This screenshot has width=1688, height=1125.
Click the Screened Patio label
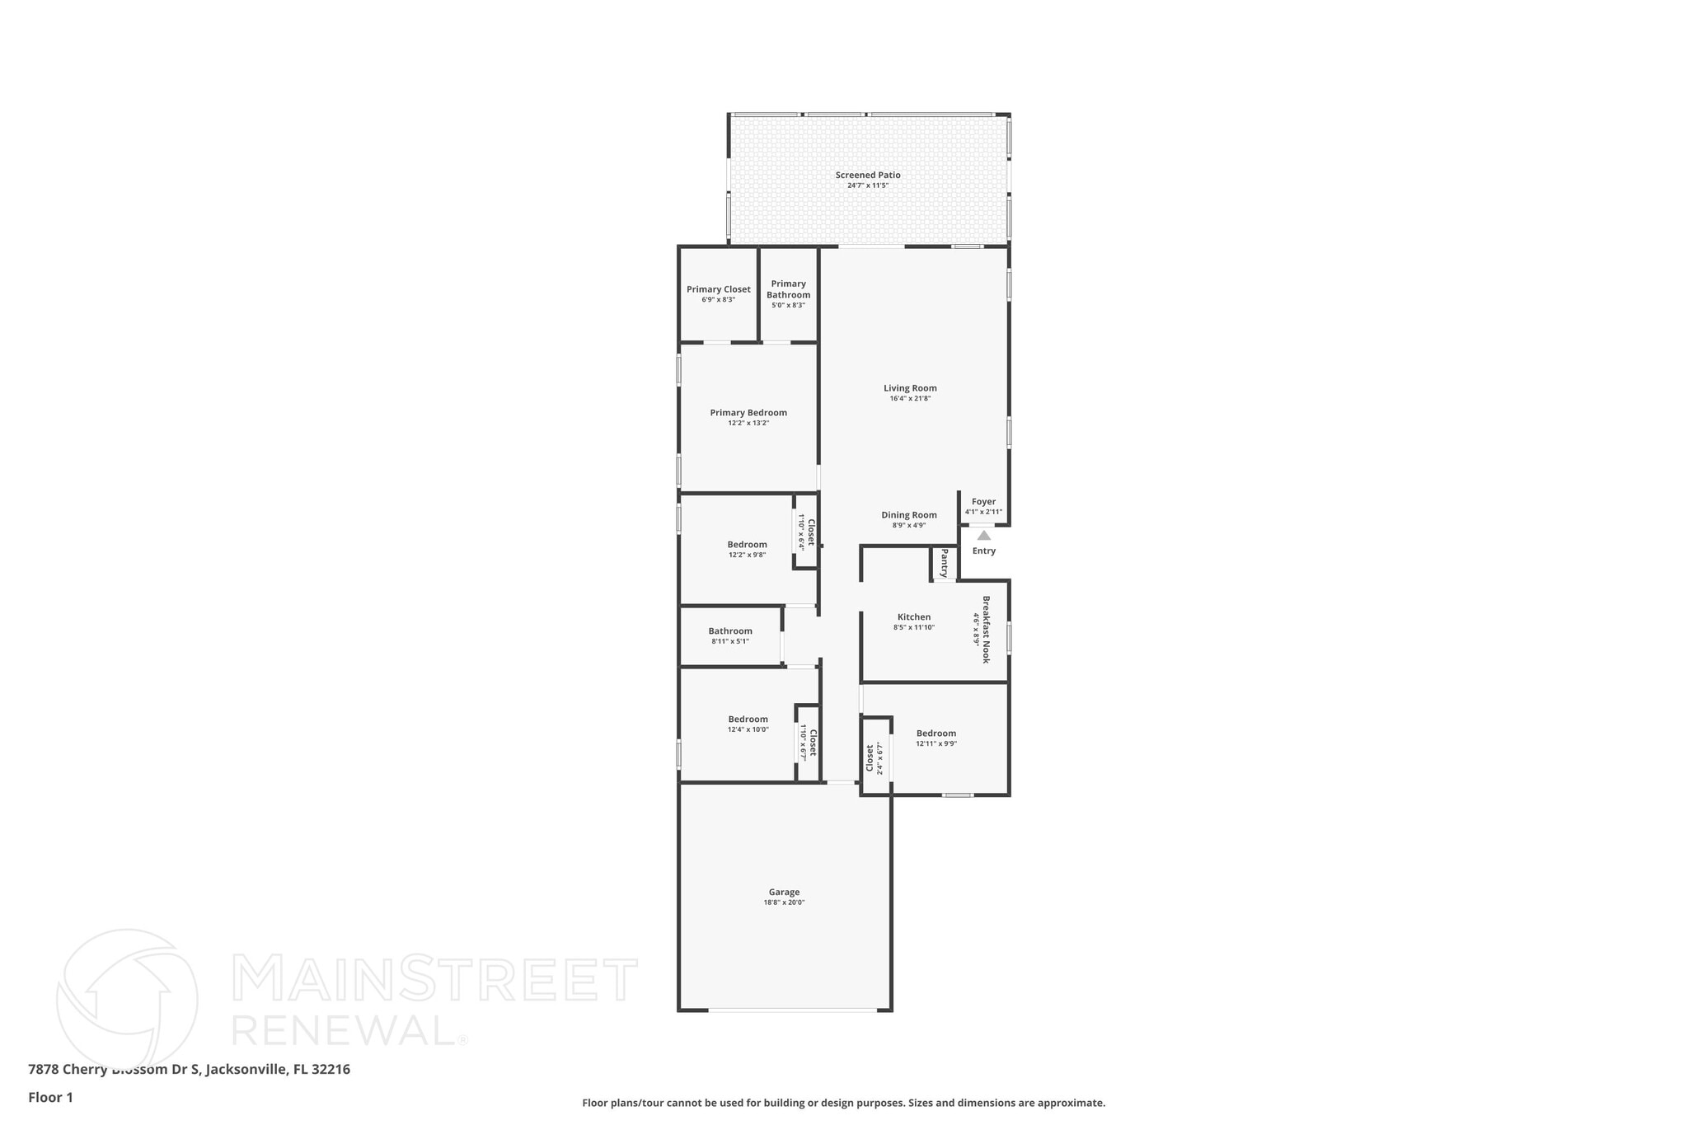(x=868, y=175)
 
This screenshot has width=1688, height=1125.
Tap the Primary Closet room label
(x=719, y=289)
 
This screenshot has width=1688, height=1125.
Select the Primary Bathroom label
(x=789, y=289)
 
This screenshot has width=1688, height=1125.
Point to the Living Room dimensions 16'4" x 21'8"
(x=910, y=399)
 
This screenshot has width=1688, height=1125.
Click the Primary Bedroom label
(x=748, y=413)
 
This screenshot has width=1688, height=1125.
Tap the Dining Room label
(x=909, y=515)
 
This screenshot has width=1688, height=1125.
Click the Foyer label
(x=983, y=501)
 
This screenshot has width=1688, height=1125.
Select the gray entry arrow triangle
(x=984, y=536)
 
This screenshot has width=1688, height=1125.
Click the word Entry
(x=984, y=551)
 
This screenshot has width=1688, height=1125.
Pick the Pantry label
(x=945, y=563)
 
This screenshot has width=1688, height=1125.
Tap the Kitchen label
(x=914, y=616)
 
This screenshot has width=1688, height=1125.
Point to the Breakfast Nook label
(x=986, y=630)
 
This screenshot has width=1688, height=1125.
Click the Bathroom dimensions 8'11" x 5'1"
(x=730, y=641)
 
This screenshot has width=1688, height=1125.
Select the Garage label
(x=784, y=892)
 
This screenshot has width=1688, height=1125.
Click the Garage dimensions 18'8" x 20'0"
(x=784, y=902)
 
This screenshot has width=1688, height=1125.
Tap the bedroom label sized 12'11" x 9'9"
(x=936, y=734)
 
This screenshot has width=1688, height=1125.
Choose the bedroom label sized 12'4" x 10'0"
(x=748, y=719)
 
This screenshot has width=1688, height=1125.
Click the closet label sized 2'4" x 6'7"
(x=870, y=758)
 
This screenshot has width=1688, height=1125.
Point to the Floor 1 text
(x=50, y=1097)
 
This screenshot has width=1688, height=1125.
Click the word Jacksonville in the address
(x=246, y=1069)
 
